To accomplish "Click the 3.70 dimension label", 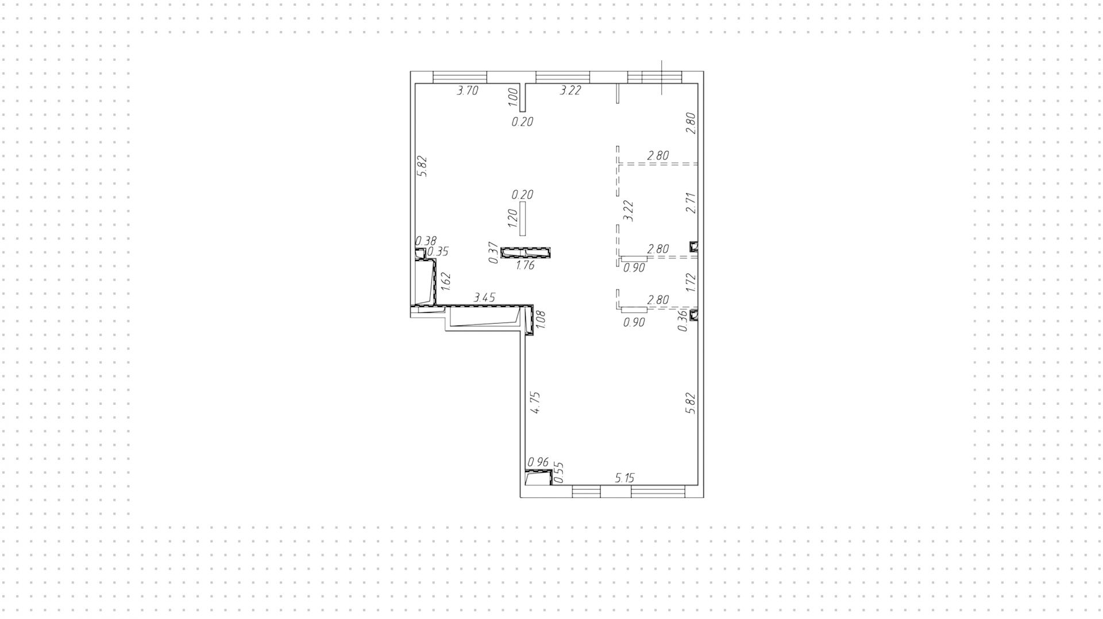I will click(467, 90).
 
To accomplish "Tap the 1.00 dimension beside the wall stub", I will click(514, 95).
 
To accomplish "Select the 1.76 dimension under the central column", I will click(525, 265).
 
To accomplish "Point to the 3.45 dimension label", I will click(484, 297).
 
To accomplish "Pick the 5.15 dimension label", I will click(624, 478).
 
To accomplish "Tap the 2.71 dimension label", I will click(691, 203).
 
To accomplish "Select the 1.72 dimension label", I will click(691, 283).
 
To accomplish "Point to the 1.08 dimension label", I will click(541, 320).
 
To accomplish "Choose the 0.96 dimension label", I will click(538, 462).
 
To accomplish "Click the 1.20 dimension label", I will click(513, 216).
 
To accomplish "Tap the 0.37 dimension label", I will click(493, 253).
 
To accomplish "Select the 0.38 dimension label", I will click(426, 241).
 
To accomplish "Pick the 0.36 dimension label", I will click(682, 321).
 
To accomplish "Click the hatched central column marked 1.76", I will click(526, 252).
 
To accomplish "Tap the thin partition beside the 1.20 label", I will click(522, 218).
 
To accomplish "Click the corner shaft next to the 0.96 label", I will click(538, 477).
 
